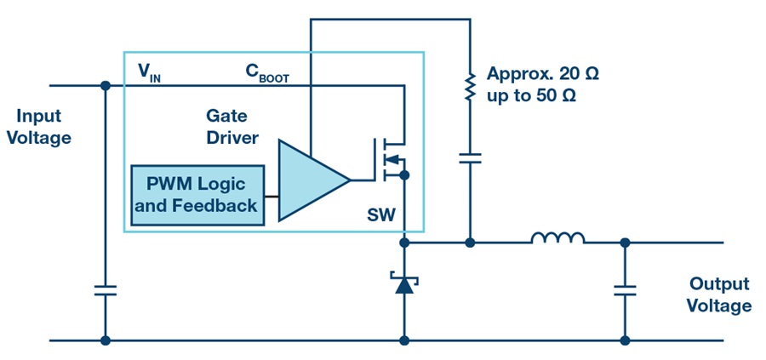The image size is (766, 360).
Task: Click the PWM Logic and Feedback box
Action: point(197,196)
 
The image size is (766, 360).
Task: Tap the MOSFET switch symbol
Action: point(390,160)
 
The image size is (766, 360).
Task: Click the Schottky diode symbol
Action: point(404,283)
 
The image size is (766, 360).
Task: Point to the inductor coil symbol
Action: point(557,237)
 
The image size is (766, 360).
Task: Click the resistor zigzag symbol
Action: point(470,87)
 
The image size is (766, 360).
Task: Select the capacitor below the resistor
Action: point(470,158)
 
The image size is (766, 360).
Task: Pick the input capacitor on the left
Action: point(105,290)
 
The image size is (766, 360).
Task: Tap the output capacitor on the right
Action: point(625,290)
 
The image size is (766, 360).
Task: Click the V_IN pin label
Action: point(149,74)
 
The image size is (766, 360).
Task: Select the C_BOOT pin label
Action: point(266,74)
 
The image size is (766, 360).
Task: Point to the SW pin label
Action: point(381,214)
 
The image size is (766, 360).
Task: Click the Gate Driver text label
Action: point(232,127)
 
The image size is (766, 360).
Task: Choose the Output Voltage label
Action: point(719,295)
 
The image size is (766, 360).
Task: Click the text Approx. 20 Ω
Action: point(542,74)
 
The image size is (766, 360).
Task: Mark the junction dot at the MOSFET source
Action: point(404,174)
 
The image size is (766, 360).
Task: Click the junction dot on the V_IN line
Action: point(105,85)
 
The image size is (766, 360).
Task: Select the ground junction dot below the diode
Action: point(404,340)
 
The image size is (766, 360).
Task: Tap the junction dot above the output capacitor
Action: point(625,243)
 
